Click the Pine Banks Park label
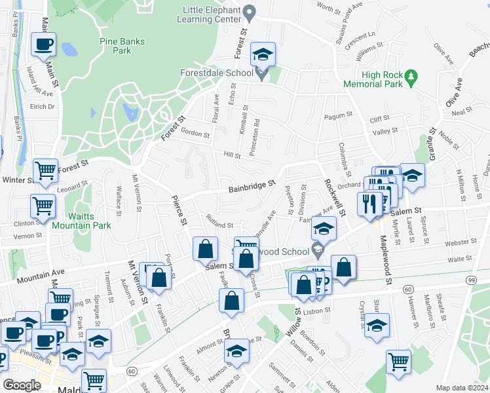(116, 45)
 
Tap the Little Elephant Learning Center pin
(249, 12)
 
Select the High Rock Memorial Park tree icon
(411, 77)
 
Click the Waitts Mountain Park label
(90, 219)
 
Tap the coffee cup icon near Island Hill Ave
(44, 45)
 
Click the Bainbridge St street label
(252, 187)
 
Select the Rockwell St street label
(334, 195)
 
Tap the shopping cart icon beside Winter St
(46, 171)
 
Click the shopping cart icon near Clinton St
(43, 206)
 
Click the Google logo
(22, 385)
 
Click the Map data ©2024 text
(461, 387)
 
